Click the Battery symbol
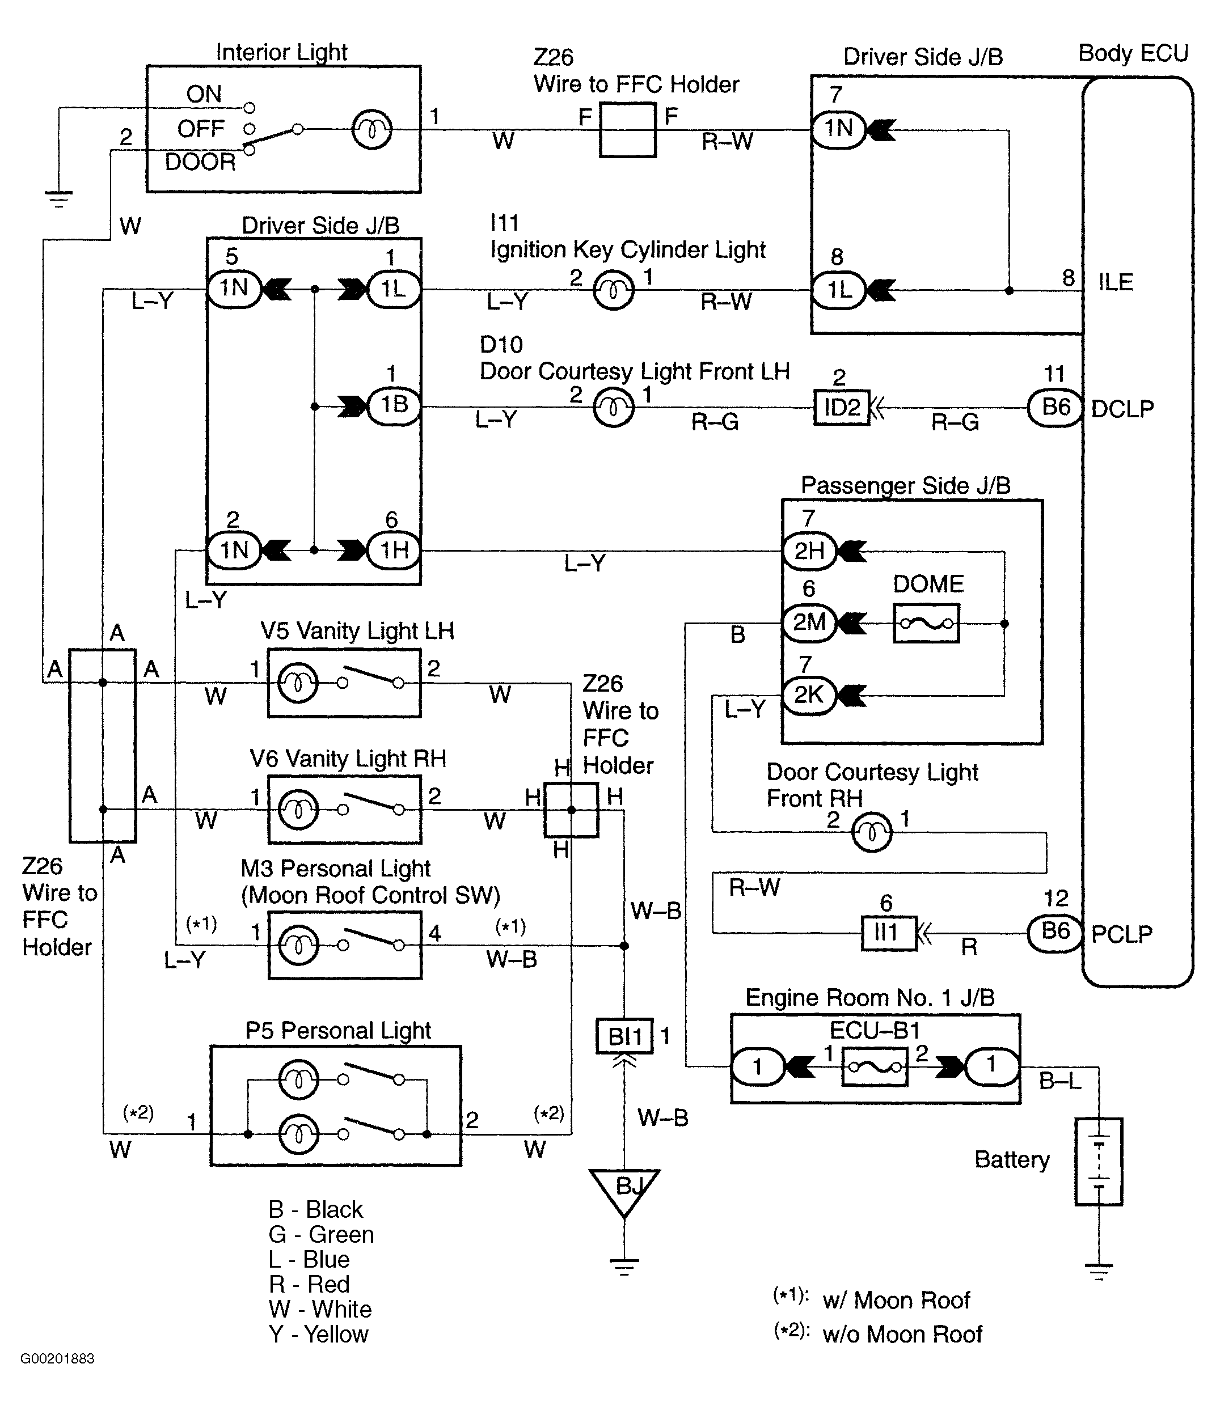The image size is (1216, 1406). tap(1099, 1162)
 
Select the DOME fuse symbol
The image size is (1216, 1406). tap(926, 623)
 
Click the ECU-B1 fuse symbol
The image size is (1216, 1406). tap(875, 1067)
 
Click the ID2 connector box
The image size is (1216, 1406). tap(841, 408)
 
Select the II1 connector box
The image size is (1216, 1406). tap(889, 933)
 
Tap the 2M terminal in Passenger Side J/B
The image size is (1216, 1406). tap(809, 622)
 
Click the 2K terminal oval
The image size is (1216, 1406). tap(809, 695)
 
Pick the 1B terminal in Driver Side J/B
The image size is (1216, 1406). tap(394, 406)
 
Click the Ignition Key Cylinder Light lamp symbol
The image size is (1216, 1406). tap(613, 290)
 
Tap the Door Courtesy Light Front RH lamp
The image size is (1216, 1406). tap(872, 832)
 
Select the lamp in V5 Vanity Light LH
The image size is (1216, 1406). tap(297, 683)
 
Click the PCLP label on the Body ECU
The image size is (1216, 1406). tap(1122, 934)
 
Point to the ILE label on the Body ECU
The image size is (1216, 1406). tap(1116, 282)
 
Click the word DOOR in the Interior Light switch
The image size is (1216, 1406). tap(200, 162)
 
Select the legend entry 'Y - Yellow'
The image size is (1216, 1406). tap(318, 1334)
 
